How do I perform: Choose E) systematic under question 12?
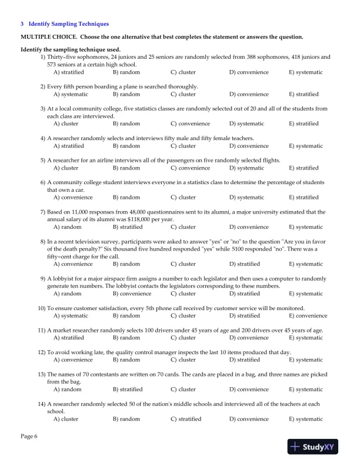point(306,360)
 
